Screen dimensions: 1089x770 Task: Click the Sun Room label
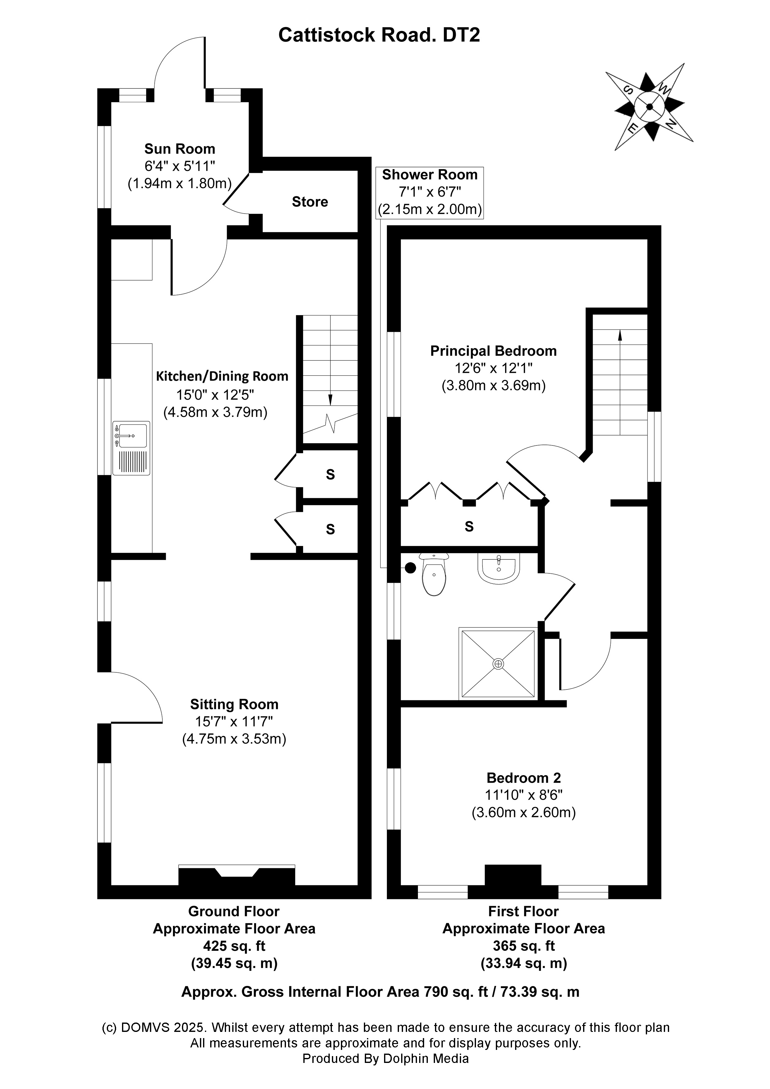(179, 149)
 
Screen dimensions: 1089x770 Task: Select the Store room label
(310, 202)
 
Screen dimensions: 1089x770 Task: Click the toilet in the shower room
(434, 575)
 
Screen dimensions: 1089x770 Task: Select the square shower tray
(498, 663)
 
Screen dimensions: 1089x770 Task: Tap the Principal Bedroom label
(493, 351)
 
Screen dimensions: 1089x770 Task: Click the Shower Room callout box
(429, 192)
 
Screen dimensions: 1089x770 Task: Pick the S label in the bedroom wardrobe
(469, 526)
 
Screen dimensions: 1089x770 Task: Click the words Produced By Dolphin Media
(385, 1059)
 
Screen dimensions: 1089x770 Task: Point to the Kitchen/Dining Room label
(222, 377)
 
